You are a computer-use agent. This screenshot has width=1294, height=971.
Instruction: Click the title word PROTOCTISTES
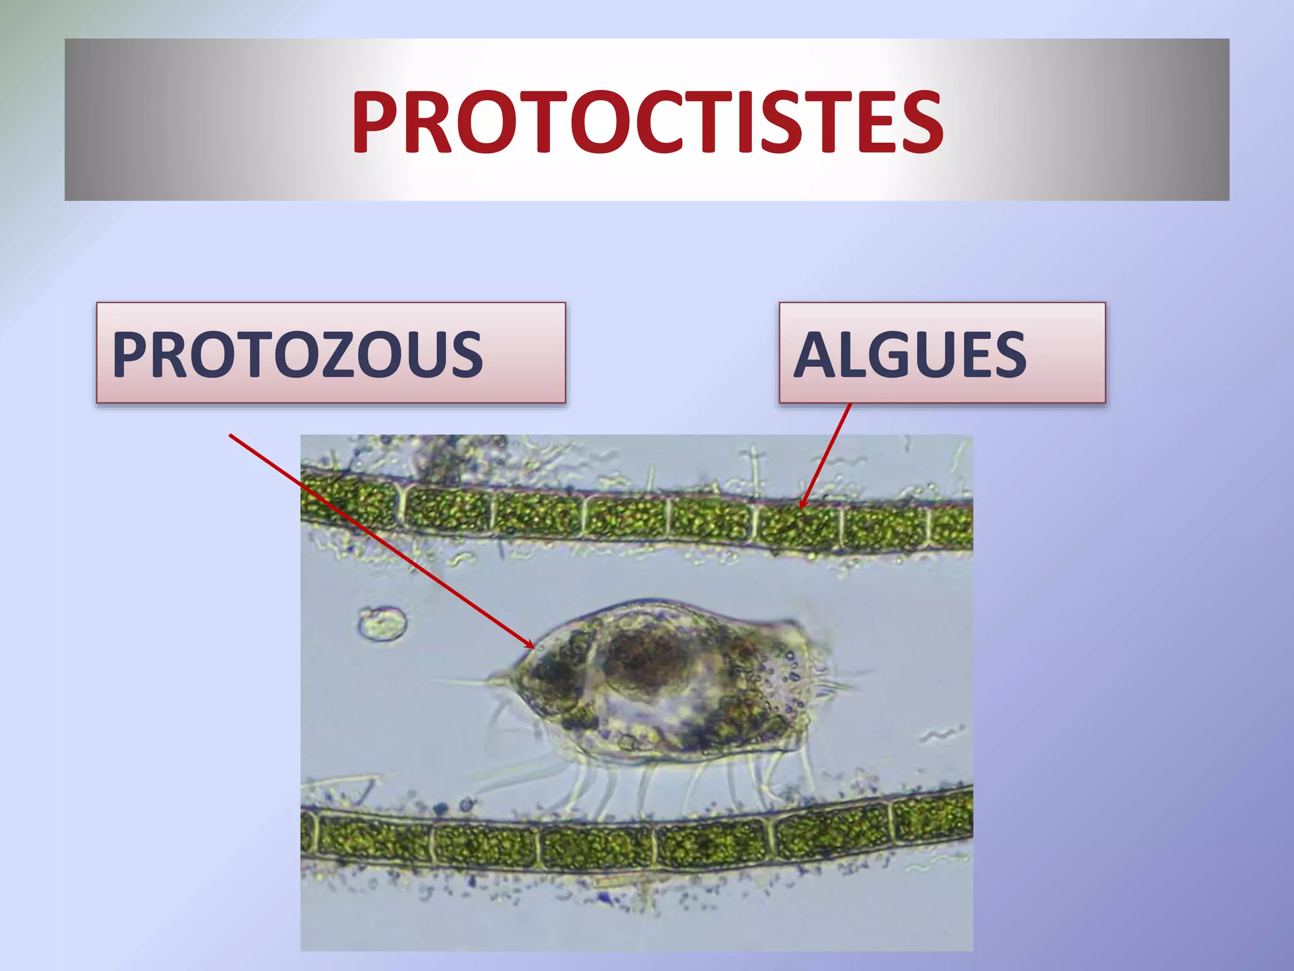coord(647,121)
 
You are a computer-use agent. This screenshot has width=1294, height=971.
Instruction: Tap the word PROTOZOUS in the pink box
coord(297,354)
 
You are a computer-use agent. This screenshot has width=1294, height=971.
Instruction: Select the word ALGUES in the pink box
coord(910,355)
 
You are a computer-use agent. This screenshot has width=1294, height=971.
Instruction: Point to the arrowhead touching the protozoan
coord(531,645)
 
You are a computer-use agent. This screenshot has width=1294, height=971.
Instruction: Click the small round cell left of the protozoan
coord(382,624)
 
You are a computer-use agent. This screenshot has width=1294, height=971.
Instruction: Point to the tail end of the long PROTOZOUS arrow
coord(230,435)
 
